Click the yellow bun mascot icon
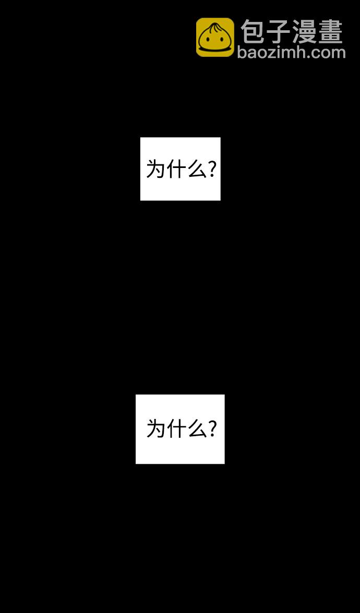tap(215, 37)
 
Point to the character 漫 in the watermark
tap(305, 31)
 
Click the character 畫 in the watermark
tap(331, 31)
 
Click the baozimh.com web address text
tap(291, 52)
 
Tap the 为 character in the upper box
tap(155, 170)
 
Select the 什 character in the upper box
tap(175, 170)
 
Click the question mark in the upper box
tap(212, 170)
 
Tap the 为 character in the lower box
tap(155, 429)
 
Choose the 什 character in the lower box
tap(175, 429)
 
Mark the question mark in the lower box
tap(212, 429)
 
